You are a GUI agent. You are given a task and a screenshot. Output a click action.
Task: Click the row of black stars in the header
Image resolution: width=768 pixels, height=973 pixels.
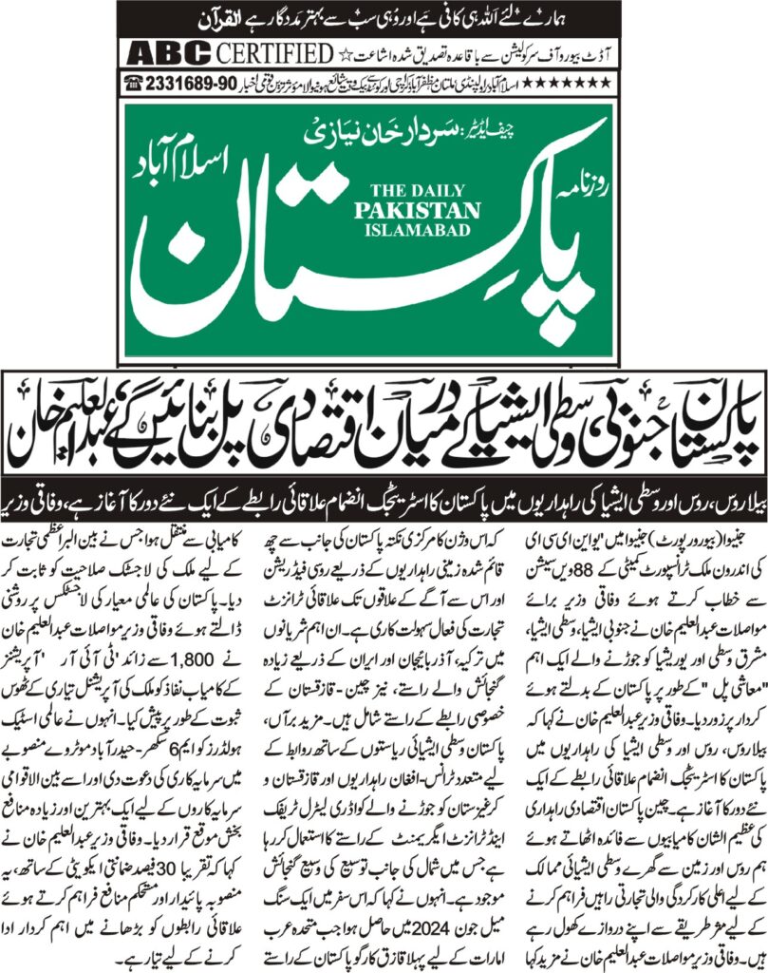pos(578,85)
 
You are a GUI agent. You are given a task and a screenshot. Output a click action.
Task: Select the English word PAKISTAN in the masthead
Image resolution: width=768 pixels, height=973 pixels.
pos(418,210)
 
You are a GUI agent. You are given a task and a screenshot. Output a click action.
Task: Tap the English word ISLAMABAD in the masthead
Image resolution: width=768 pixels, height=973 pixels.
pos(418,231)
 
